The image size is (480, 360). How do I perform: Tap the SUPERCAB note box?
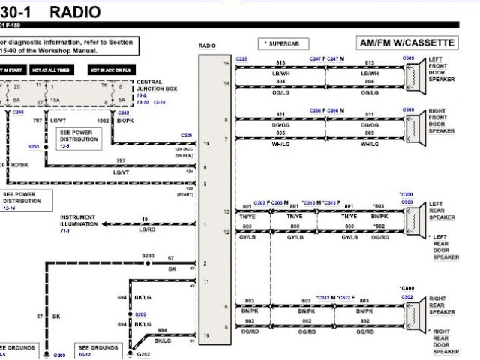(x=278, y=44)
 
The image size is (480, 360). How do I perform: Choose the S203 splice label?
(x=148, y=256)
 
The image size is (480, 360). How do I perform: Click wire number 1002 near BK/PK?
(x=100, y=120)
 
